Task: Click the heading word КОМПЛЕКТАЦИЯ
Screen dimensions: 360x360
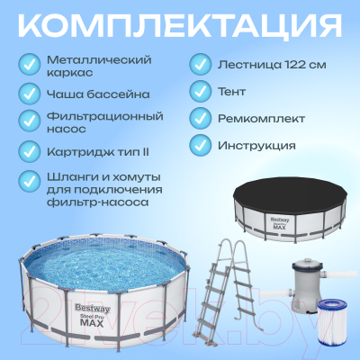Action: click(180, 24)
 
